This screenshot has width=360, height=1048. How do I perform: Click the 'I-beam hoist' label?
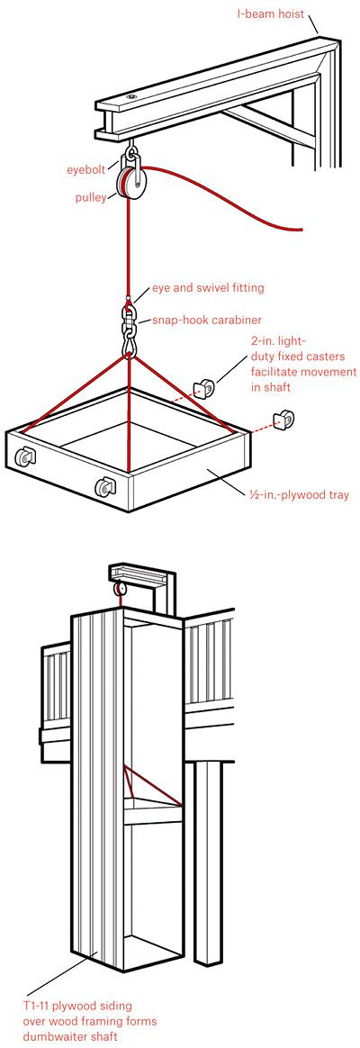click(x=271, y=14)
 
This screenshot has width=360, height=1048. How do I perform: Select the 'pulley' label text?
click(x=90, y=196)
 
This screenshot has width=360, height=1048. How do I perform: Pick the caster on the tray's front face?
click(x=105, y=487)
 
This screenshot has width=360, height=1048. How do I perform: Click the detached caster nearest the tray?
click(x=206, y=388)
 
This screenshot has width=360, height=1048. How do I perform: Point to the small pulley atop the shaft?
click(x=119, y=588)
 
